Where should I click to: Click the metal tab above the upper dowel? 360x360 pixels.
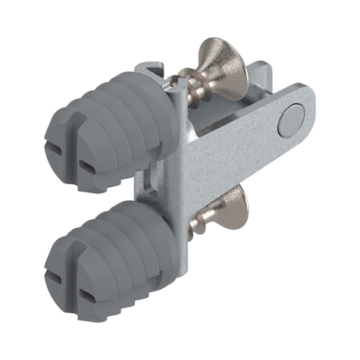(x=152, y=71)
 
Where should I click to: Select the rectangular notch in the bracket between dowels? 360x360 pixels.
(x=149, y=182)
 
